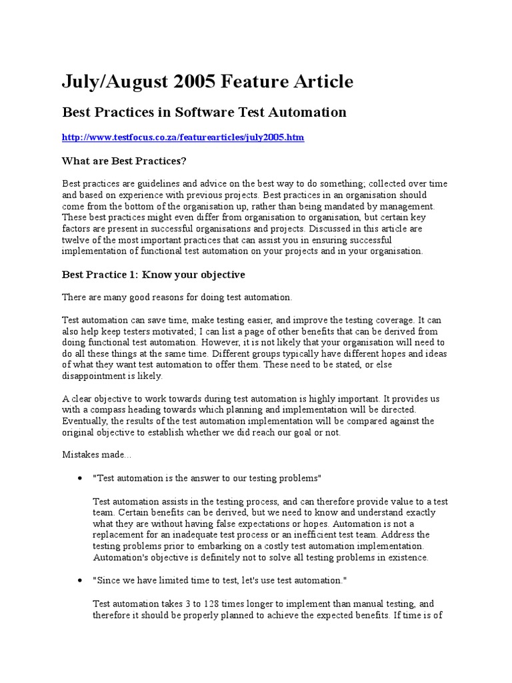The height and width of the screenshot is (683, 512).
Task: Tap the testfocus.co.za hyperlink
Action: tap(183, 137)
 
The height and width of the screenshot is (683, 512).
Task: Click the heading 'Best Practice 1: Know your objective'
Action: tap(153, 274)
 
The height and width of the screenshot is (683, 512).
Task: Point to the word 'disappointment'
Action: tap(94, 376)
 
